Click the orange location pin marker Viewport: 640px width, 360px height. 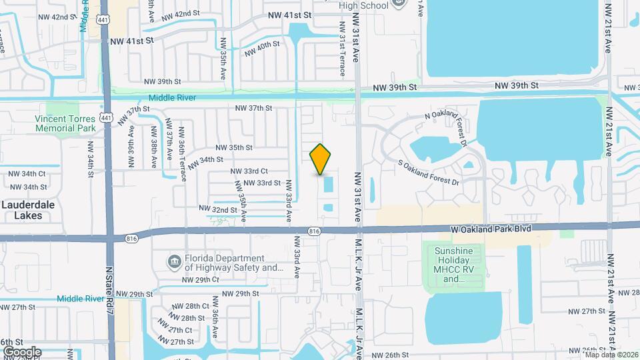click(x=321, y=159)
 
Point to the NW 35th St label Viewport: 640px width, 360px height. click(x=233, y=147)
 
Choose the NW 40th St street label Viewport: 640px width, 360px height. click(x=262, y=48)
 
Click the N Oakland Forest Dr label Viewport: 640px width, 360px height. click(x=447, y=121)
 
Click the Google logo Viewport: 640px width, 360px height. click(x=21, y=351)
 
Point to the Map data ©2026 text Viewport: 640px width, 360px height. click(x=609, y=355)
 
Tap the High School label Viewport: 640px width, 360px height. click(x=364, y=5)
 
